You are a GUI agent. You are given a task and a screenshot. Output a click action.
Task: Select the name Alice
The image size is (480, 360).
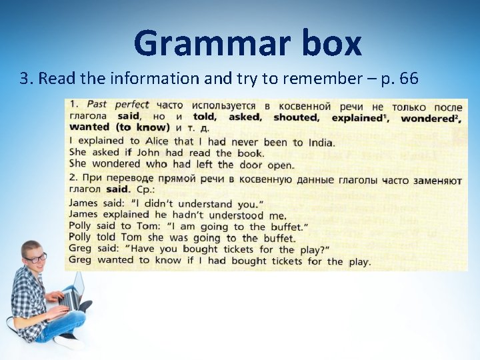[157, 141]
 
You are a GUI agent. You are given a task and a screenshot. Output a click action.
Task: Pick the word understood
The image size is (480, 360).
[237, 215]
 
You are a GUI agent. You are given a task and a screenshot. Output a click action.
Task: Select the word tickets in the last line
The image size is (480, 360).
[287, 261]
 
